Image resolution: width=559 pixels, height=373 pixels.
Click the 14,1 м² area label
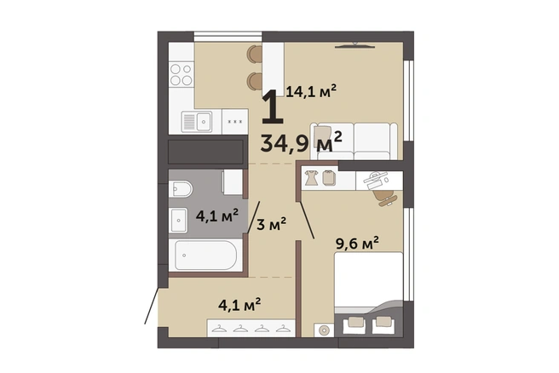(x=311, y=92)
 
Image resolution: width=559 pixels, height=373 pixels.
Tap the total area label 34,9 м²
(x=302, y=142)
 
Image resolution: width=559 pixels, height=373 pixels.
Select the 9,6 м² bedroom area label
(x=357, y=244)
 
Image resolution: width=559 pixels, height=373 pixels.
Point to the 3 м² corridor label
(x=271, y=224)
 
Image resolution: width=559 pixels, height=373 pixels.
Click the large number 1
(x=273, y=107)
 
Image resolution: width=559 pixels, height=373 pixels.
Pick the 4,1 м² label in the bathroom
(x=217, y=216)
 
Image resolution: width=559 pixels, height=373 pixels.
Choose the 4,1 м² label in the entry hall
(x=239, y=305)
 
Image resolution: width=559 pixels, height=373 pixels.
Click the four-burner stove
(x=182, y=74)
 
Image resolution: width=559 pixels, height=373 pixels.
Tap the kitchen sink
(x=197, y=122)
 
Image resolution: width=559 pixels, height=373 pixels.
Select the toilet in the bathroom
(x=181, y=189)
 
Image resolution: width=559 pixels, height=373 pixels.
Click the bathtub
(x=203, y=255)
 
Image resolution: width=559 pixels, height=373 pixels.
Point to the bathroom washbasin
(x=178, y=221)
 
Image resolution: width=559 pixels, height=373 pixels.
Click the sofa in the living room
(x=354, y=141)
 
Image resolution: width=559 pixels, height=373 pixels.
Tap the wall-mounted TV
(x=354, y=46)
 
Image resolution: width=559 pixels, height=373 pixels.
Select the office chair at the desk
(x=385, y=198)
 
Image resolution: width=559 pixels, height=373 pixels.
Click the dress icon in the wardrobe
(x=311, y=177)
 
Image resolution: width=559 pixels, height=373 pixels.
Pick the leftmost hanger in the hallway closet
(x=219, y=329)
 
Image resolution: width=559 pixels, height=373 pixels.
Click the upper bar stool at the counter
(x=255, y=54)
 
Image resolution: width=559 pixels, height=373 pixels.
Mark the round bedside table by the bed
(x=324, y=330)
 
